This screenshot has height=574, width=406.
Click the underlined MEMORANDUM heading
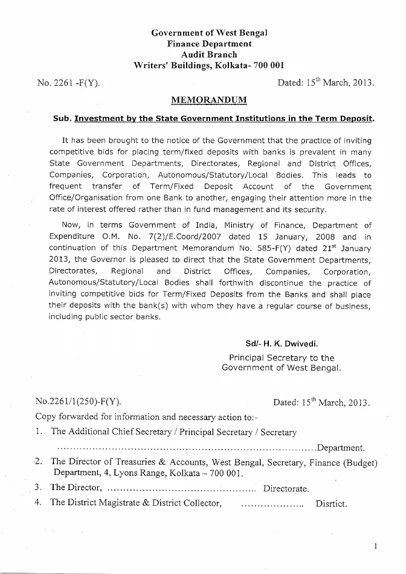209,100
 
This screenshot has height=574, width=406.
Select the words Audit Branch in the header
209,54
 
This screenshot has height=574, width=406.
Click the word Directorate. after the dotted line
286,488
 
